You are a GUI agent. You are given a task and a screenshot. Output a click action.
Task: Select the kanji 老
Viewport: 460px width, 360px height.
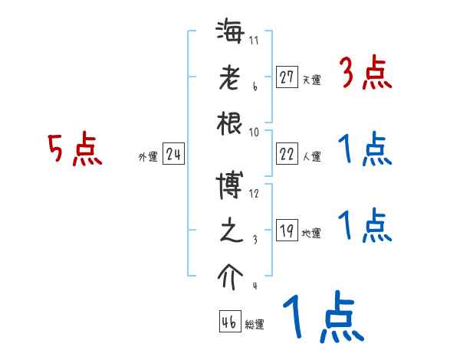(231, 79)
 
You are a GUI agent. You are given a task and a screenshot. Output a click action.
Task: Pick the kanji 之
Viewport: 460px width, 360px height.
(231, 231)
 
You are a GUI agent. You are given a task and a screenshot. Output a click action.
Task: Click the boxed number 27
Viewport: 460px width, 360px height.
(287, 77)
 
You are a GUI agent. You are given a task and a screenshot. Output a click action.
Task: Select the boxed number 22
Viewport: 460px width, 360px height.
(287, 155)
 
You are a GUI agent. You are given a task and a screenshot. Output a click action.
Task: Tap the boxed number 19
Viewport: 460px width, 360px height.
(287, 231)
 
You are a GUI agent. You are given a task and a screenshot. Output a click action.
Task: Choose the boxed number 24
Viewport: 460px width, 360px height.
(173, 155)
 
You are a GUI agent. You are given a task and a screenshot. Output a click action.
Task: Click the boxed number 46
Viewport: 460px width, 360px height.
(228, 322)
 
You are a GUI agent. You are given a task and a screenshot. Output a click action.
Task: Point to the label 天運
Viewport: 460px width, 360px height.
(311, 80)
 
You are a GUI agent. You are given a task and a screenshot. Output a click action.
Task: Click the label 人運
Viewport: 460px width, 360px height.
(311, 157)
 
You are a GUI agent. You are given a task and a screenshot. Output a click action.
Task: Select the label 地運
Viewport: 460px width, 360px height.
(311, 234)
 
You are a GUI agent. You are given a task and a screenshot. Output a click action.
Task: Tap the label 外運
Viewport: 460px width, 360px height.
(148, 157)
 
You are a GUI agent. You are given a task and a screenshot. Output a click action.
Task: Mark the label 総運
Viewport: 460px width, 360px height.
(255, 324)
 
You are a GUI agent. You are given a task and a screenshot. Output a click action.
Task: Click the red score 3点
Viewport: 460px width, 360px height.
(365, 75)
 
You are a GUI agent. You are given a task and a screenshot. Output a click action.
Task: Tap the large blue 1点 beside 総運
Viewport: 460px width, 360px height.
(322, 319)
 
